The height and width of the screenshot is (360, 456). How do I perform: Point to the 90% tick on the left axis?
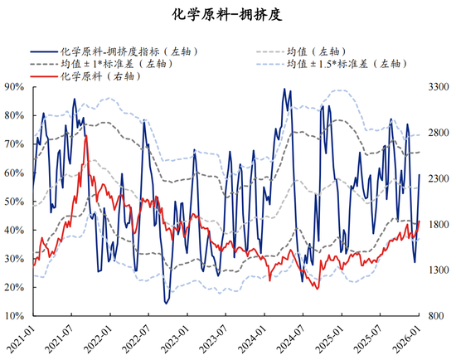14,86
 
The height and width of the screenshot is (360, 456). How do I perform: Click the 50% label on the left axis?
14,202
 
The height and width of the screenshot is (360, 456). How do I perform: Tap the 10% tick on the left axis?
14,317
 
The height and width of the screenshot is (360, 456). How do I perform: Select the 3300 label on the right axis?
436,86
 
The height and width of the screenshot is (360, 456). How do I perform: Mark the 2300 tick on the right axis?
436,178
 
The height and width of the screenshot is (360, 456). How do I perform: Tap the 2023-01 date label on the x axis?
187,340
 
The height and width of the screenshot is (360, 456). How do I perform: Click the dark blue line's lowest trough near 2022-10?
166,304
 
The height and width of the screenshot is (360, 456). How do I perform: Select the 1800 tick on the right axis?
436,225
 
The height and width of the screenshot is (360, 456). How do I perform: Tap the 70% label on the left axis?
14,144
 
